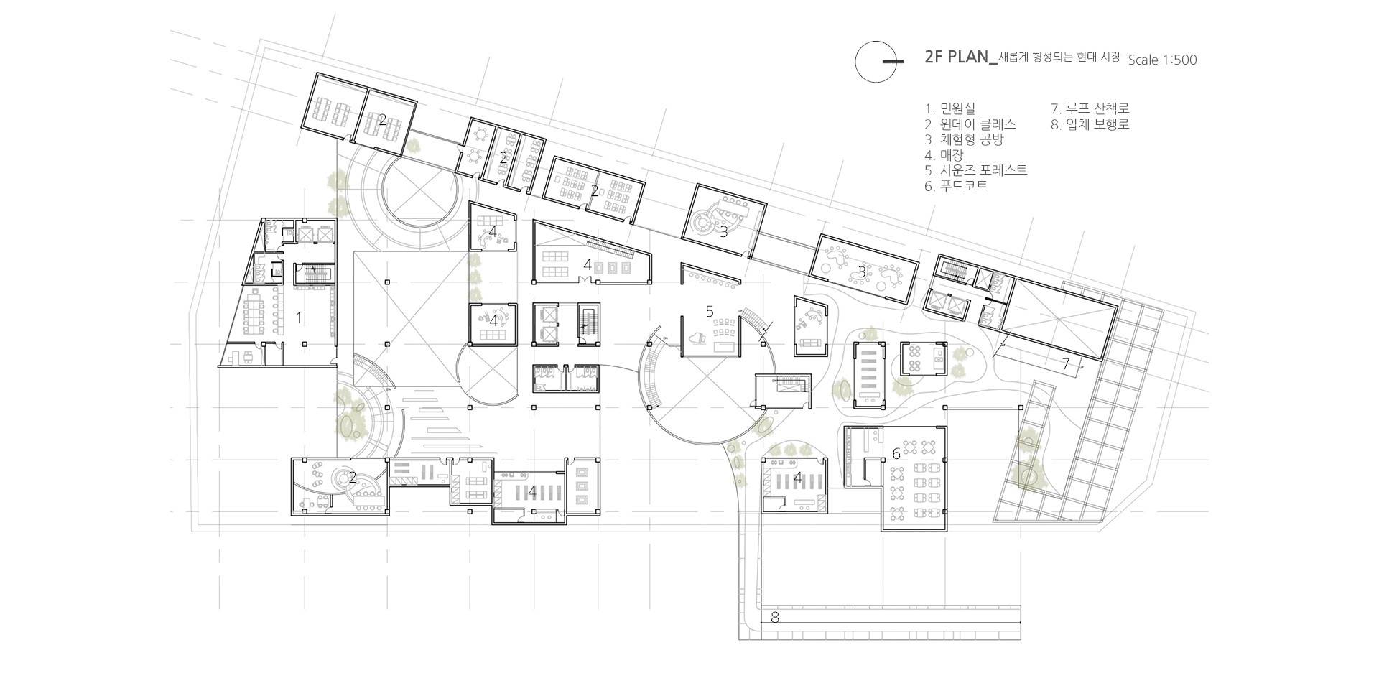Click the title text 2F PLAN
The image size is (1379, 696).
957,58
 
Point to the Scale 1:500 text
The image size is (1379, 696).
1162,60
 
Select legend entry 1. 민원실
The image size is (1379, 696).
950,108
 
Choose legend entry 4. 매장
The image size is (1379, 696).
944,155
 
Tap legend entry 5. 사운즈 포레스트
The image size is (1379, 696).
976,171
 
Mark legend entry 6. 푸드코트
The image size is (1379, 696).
957,186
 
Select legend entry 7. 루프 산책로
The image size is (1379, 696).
1090,108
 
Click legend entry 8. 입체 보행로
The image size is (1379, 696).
1090,124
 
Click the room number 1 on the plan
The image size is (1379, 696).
300,316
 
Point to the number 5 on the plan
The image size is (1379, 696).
710,311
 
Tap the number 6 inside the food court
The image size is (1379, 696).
896,453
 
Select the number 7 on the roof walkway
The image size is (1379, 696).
1067,363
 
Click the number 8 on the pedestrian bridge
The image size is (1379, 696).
774,617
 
